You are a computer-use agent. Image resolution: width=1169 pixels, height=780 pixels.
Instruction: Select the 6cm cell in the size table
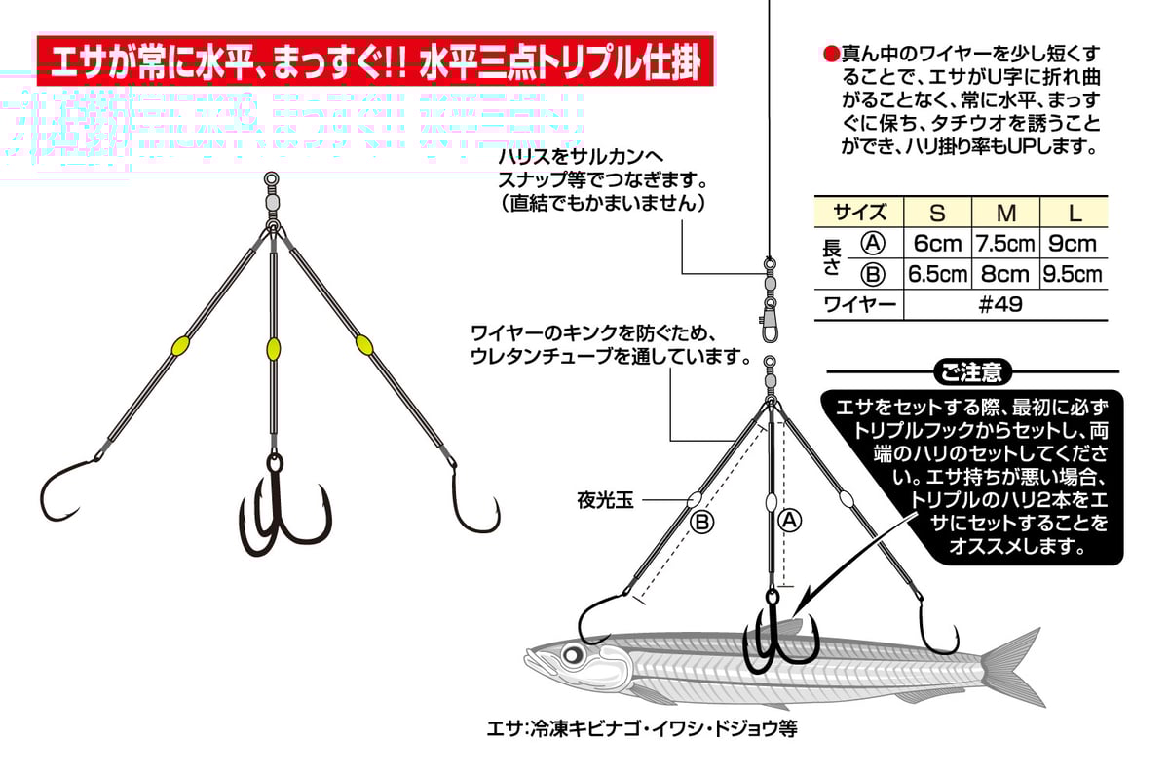click(937, 244)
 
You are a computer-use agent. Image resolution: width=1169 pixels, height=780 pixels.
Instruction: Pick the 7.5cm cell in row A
click(1006, 244)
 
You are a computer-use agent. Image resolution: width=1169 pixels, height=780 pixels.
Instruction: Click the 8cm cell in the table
click(1006, 274)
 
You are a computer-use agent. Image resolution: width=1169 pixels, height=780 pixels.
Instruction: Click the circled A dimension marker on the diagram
click(790, 521)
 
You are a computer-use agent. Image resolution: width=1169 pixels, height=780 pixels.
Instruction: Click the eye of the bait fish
click(570, 654)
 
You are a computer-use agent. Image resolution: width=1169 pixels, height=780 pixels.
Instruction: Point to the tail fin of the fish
click(1013, 663)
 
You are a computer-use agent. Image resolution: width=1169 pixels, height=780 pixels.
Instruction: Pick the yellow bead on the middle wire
click(272, 348)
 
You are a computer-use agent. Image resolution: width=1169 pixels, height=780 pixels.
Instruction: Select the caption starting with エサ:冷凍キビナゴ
click(642, 728)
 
